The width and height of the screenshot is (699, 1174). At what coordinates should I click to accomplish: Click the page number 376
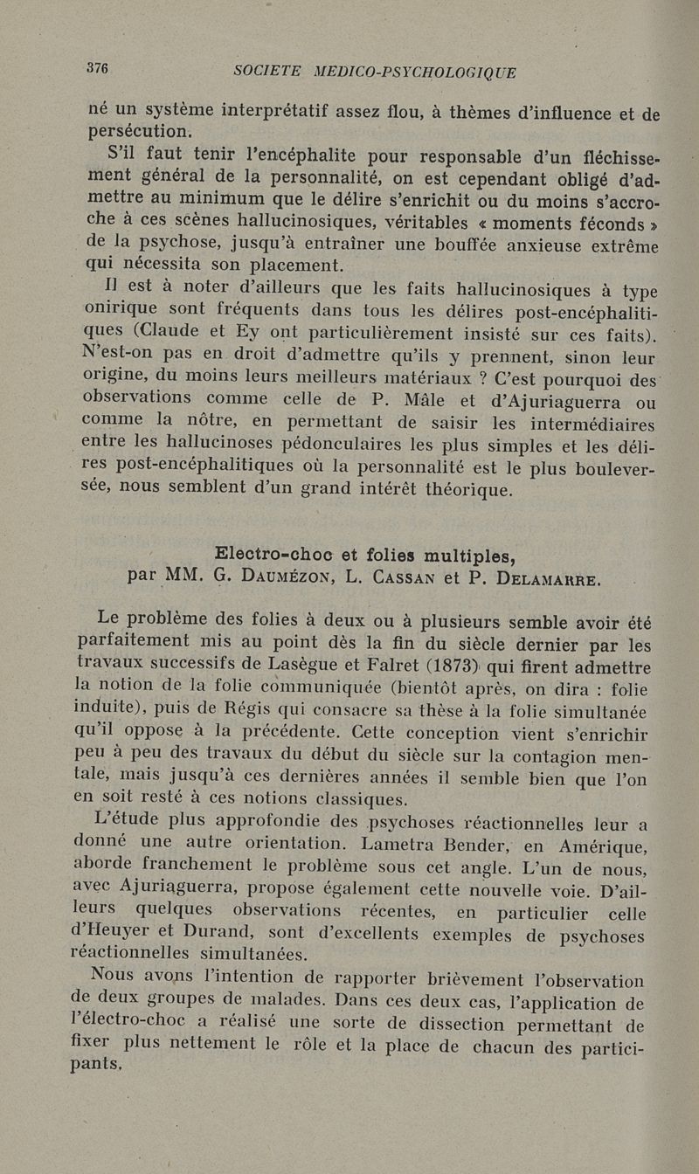(x=96, y=69)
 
